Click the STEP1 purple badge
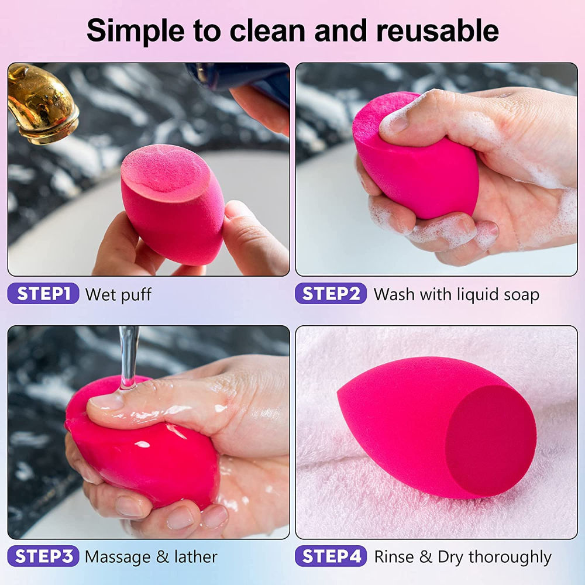[43, 294]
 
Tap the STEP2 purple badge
[331, 294]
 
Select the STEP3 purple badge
[43, 556]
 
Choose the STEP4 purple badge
[331, 556]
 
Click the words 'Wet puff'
[118, 294]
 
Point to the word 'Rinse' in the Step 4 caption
[393, 557]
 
